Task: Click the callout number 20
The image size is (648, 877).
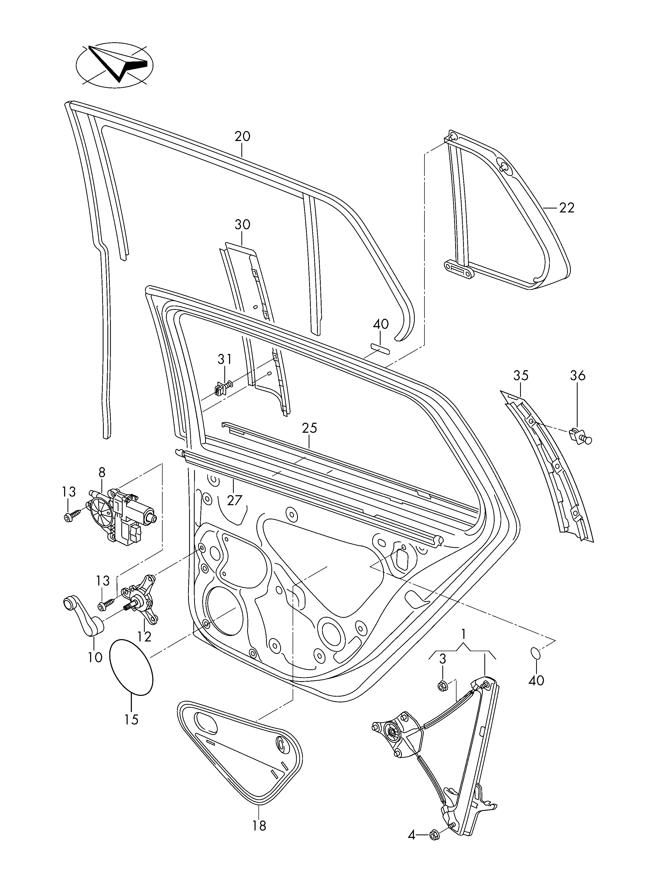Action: point(242,137)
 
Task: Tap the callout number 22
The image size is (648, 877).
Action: point(566,207)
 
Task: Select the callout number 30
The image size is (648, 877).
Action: point(242,225)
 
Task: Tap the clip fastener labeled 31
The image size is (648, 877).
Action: point(222,388)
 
